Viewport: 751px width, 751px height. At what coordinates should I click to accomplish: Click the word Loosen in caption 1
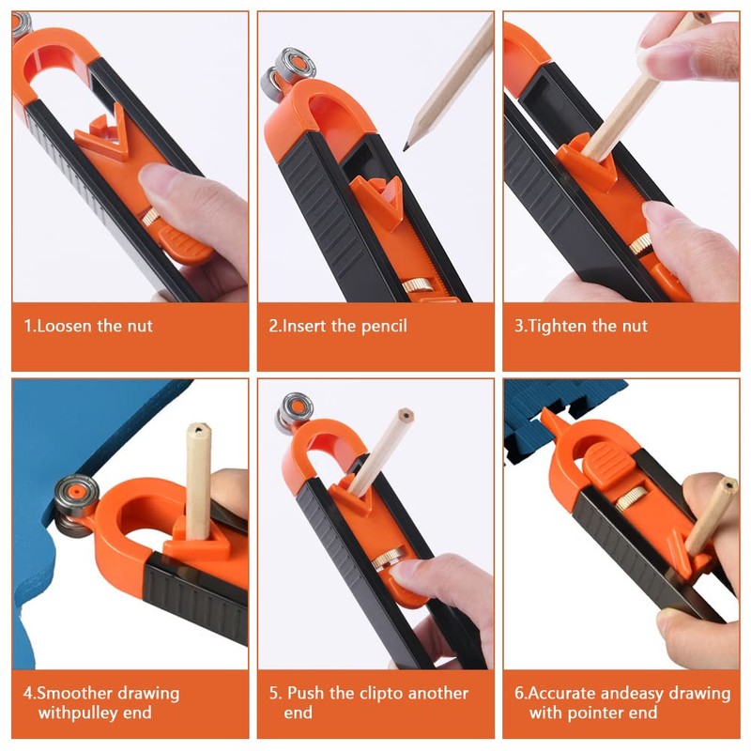[x=65, y=326]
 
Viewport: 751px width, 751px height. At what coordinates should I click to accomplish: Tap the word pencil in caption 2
[x=384, y=327]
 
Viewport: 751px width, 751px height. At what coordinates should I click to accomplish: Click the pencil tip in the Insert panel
[x=406, y=146]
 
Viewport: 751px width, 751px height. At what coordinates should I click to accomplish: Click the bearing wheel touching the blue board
[x=75, y=506]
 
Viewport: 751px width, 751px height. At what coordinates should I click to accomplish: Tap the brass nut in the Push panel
[x=386, y=558]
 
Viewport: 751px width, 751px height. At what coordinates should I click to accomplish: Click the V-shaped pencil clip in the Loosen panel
[x=104, y=134]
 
